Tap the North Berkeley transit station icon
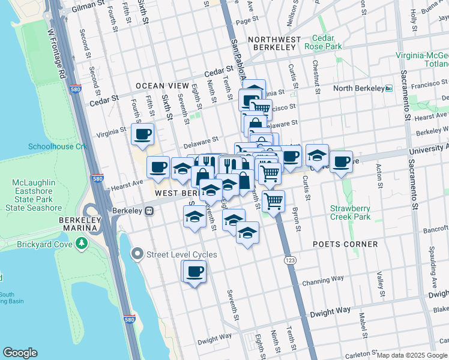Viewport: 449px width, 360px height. pyautogui.click(x=388, y=89)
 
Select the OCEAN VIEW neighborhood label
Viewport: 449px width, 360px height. pyautogui.click(x=158, y=86)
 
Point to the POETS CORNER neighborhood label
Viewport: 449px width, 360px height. pyautogui.click(x=345, y=244)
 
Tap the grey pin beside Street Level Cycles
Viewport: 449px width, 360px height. pyautogui.click(x=137, y=254)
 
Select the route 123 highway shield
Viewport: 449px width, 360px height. pyautogui.click(x=290, y=262)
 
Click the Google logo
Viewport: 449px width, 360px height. pyautogui.click(x=20, y=353)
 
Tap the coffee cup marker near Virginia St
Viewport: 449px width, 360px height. pyautogui.click(x=143, y=134)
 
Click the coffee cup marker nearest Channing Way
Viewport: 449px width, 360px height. pyautogui.click(x=193, y=272)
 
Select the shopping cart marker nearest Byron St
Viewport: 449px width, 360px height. pyautogui.click(x=273, y=200)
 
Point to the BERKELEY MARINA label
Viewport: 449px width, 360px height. pyautogui.click(x=84, y=220)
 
